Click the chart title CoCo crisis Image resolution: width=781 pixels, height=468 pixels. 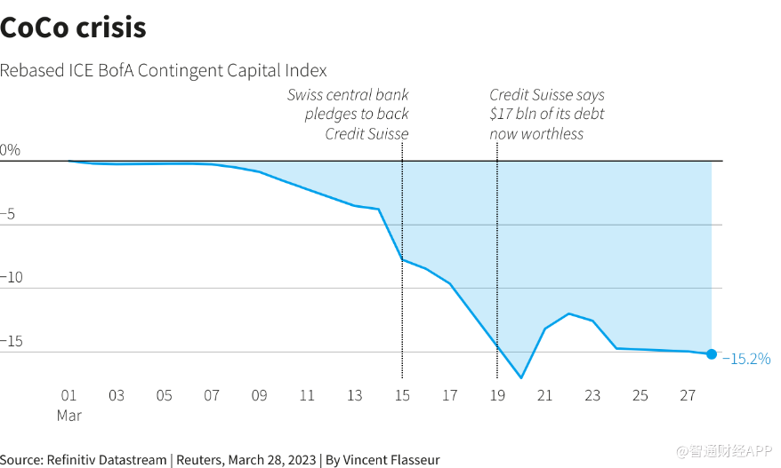coord(73,28)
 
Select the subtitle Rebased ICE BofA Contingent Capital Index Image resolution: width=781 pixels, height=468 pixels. coord(164,71)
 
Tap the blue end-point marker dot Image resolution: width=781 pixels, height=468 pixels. coord(712,354)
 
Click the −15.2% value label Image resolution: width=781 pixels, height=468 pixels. coord(746,359)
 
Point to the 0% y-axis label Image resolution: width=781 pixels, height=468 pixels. coord(10,150)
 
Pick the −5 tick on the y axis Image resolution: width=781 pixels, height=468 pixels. coord(7,214)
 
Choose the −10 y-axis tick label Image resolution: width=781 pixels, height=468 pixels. coord(12,277)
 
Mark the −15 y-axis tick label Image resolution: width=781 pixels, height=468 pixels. coord(12,341)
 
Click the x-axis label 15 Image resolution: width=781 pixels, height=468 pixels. coord(402,395)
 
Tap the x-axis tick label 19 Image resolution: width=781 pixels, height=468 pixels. coord(497,395)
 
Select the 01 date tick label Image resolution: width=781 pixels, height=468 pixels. coord(68,395)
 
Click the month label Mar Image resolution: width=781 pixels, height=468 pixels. coord(68,416)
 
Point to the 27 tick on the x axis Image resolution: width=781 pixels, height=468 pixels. coord(688,395)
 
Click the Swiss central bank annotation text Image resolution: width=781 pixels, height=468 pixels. coord(348,114)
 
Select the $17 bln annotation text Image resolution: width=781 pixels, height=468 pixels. coord(547,114)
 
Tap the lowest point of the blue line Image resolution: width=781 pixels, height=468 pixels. coord(521,378)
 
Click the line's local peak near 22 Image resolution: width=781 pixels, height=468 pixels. coord(568,313)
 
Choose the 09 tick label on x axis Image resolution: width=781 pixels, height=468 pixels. coord(259,395)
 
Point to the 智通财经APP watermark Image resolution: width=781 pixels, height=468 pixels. coord(724,450)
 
